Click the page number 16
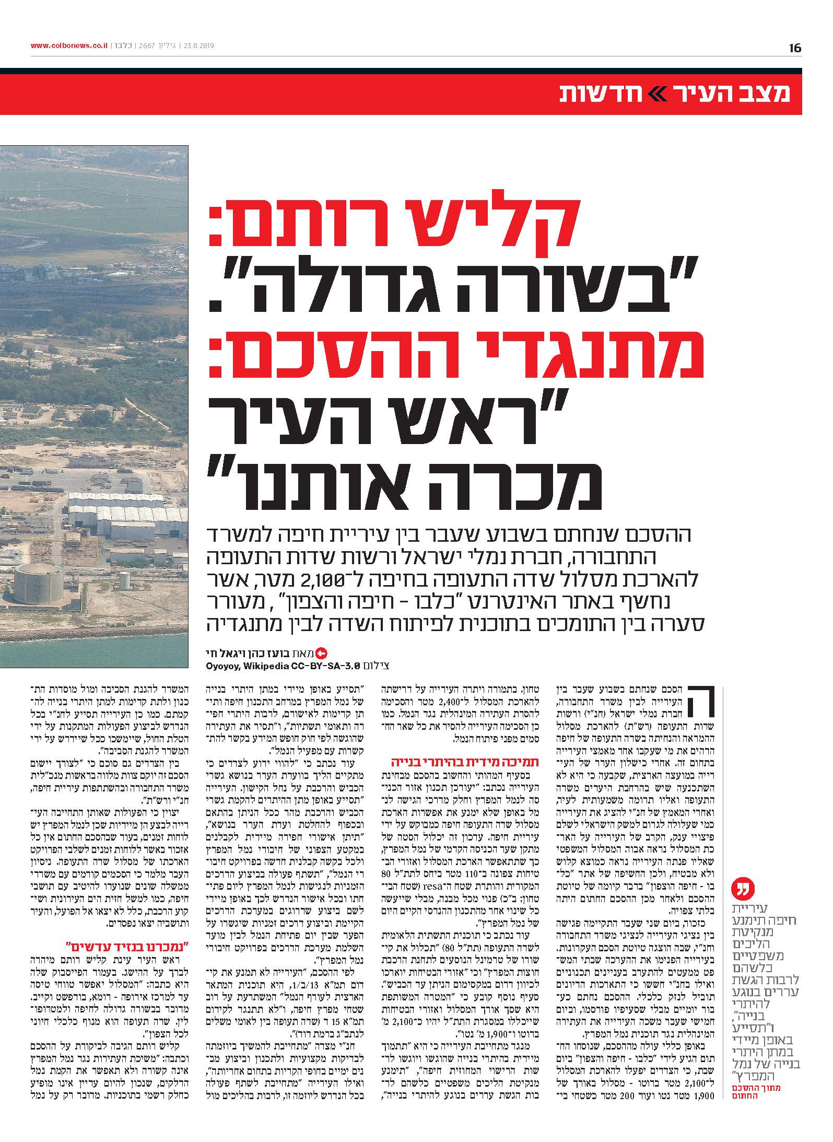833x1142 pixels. click(795, 48)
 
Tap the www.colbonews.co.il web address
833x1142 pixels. click(69, 45)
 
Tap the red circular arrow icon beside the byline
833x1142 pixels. click(322, 652)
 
